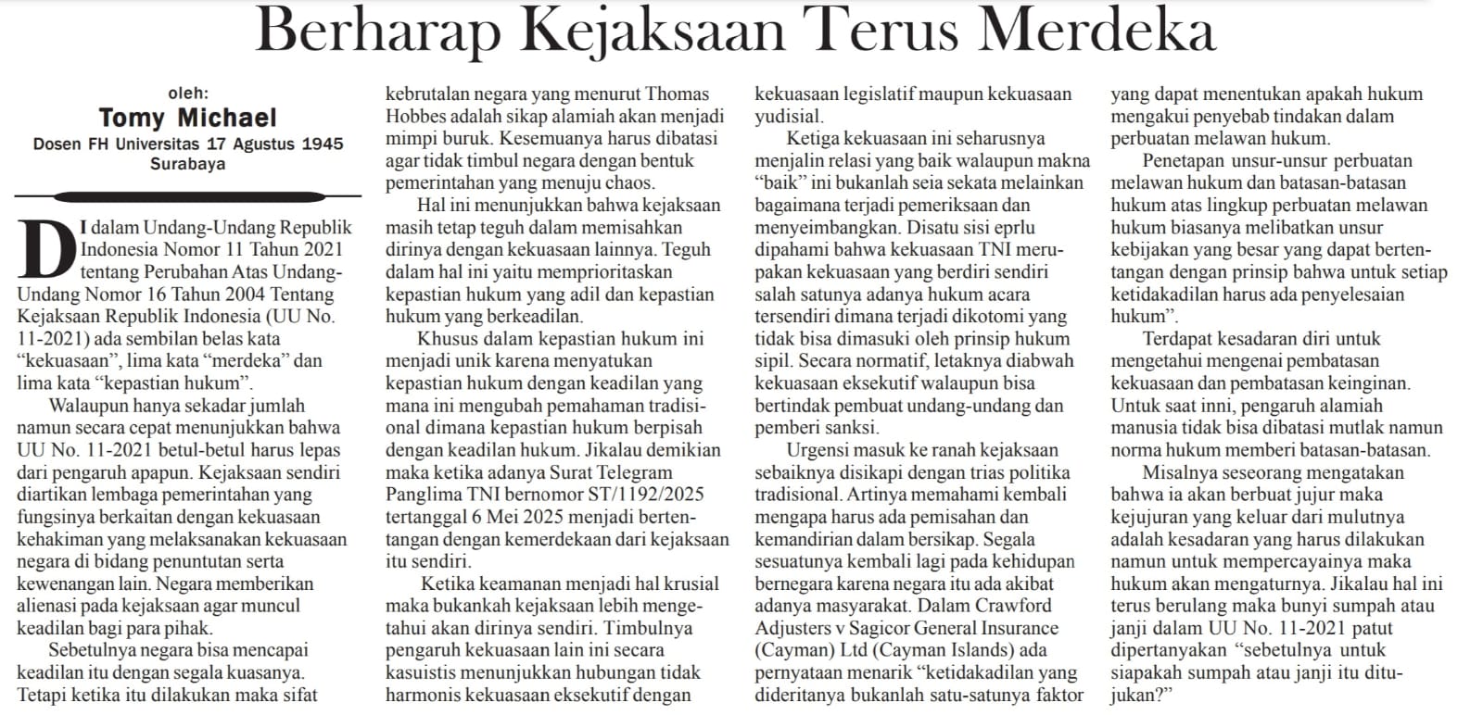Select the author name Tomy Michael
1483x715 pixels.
(x=187, y=118)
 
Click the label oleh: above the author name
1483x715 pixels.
(x=188, y=93)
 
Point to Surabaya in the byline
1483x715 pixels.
(x=187, y=164)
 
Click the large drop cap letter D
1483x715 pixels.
(x=45, y=248)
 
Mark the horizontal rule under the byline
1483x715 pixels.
(x=187, y=195)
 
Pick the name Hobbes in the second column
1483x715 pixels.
(x=419, y=116)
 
